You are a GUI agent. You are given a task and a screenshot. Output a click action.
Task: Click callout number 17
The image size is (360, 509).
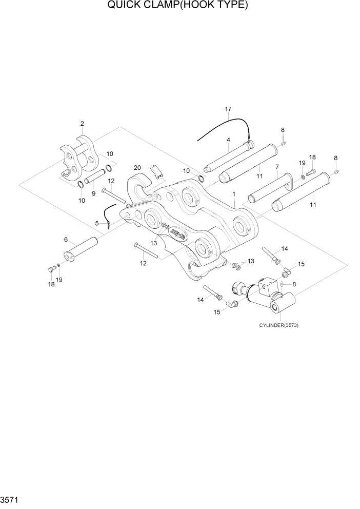[228, 109]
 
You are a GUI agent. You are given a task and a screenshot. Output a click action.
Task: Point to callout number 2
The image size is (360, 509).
[82, 124]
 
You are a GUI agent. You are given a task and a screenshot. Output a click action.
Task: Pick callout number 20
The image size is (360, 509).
[137, 168]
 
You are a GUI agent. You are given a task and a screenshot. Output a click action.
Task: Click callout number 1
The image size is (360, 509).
[234, 194]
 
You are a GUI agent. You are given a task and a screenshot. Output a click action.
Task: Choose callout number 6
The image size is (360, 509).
[66, 240]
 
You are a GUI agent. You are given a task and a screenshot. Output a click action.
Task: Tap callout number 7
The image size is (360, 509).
[277, 167]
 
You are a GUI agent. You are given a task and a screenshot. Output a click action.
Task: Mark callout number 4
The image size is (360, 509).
[228, 140]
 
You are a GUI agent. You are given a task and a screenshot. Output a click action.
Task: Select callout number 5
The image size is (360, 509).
[97, 223]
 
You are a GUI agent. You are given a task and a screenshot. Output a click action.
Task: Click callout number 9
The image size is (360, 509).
[93, 193]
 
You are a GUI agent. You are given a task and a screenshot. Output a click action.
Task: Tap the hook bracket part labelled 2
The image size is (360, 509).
[78, 157]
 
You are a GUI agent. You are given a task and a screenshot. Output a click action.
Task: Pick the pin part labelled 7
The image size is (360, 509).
[269, 189]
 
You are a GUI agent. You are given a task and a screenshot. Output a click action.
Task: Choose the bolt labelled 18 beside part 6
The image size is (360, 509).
[51, 268]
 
